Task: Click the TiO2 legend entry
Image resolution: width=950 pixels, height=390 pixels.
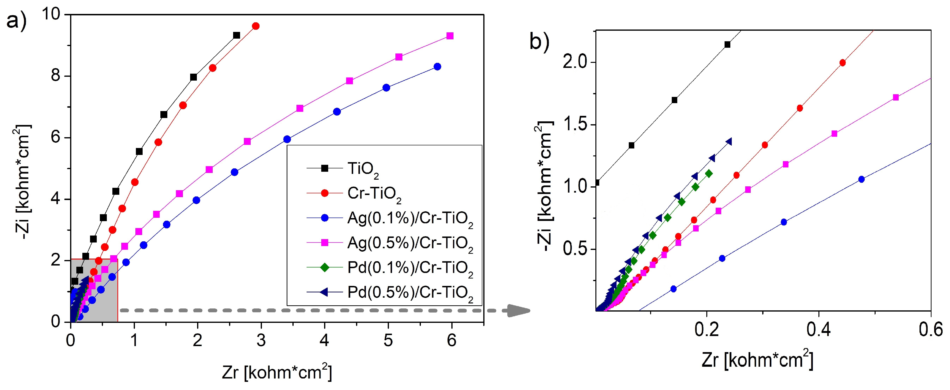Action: (363, 169)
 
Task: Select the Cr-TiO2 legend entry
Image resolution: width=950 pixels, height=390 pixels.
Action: (374, 194)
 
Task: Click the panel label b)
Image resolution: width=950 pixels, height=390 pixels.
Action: (539, 42)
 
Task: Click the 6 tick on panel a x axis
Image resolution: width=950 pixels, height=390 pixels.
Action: (451, 340)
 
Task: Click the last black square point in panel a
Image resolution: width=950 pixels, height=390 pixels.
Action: (236, 35)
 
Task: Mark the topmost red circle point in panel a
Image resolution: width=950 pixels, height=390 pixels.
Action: (256, 26)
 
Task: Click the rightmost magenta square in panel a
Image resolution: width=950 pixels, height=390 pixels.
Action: (450, 36)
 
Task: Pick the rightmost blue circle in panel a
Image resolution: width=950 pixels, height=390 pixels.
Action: (437, 67)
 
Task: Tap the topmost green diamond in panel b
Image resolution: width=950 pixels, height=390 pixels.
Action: (708, 173)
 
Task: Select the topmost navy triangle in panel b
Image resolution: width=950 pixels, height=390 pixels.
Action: (728, 142)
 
